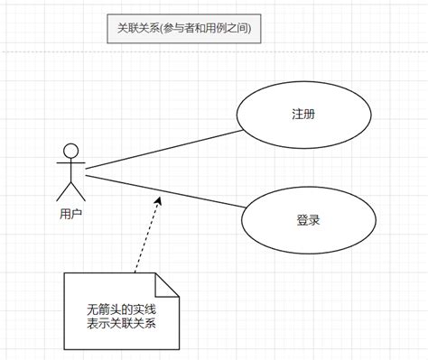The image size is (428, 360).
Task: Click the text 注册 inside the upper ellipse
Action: click(304, 115)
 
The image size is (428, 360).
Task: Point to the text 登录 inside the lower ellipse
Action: click(308, 219)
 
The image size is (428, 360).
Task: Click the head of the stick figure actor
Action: click(70, 150)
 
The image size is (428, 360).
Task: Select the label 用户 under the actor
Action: click(70, 214)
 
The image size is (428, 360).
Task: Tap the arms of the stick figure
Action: click(70, 165)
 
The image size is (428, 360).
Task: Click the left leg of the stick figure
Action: click(63, 190)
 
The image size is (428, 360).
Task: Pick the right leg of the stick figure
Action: click(77, 190)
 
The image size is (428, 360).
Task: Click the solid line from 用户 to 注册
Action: click(163, 144)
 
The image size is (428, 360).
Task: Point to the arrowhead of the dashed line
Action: click(158, 200)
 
